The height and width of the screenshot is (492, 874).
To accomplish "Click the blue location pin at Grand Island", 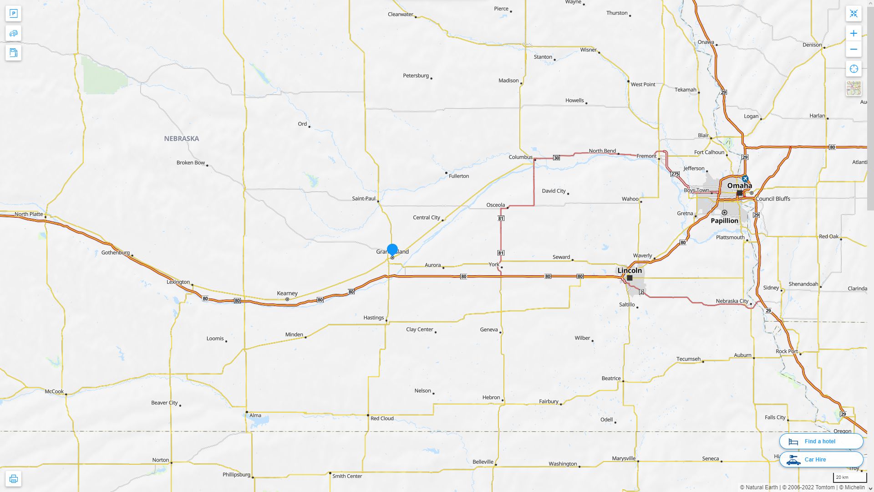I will click(x=392, y=250).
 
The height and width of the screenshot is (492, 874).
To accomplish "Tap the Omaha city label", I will click(x=739, y=185).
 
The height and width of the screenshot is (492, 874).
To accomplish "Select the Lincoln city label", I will click(x=630, y=270).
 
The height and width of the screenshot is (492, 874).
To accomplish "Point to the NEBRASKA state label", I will click(x=181, y=138).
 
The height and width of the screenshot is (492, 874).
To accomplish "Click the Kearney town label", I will click(x=287, y=293).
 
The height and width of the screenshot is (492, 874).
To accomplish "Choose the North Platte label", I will click(x=29, y=214).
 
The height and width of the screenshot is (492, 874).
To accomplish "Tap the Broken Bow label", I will click(x=191, y=163).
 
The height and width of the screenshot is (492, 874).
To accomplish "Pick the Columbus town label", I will click(x=520, y=157).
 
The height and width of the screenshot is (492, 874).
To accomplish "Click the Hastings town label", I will click(x=373, y=318).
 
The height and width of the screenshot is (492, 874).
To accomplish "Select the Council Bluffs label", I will click(x=773, y=199).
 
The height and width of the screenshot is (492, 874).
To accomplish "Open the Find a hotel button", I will click(x=821, y=441).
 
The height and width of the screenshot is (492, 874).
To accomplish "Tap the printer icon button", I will click(x=13, y=479).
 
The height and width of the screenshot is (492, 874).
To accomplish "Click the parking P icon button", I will click(x=13, y=14).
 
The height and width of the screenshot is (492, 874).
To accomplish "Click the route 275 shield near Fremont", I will click(x=675, y=174).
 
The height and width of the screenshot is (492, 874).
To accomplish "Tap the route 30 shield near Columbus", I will click(x=556, y=158).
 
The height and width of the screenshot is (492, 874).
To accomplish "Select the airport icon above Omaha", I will click(x=745, y=179).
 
